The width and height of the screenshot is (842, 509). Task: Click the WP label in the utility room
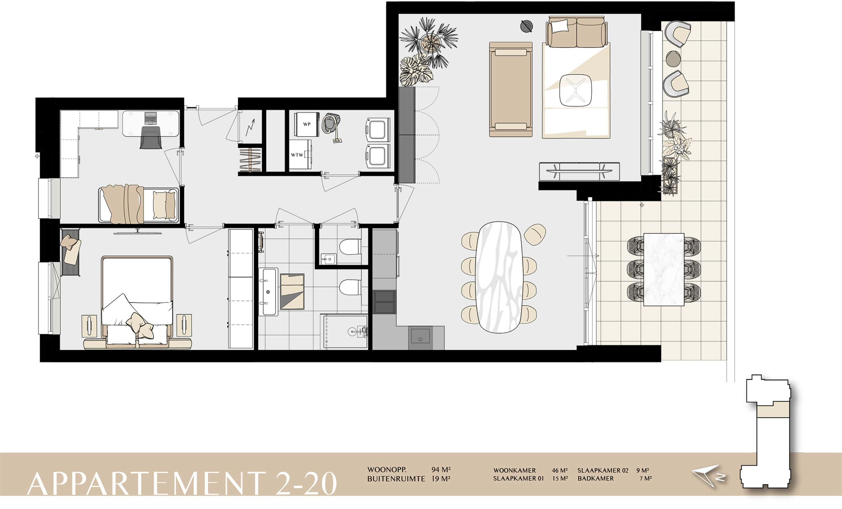click(307, 124)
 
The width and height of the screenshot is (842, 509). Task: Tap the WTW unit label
click(297, 155)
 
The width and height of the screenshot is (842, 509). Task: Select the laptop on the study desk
click(150, 118)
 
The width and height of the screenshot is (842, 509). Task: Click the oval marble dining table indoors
click(499, 277)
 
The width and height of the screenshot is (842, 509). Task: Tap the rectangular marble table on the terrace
click(664, 269)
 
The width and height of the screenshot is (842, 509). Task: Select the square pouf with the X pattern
click(576, 90)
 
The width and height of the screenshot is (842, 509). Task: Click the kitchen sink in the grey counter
click(420, 337)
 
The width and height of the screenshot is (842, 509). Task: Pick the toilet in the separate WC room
click(349, 247)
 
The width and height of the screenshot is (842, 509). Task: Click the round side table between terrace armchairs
click(673, 59)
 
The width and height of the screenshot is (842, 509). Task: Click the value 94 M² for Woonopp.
click(441, 470)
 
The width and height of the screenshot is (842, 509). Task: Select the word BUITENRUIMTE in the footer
click(396, 479)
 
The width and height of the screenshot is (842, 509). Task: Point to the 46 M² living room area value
click(559, 471)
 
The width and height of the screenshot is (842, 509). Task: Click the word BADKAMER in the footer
click(596, 479)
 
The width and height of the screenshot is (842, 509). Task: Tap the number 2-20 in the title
click(306, 483)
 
